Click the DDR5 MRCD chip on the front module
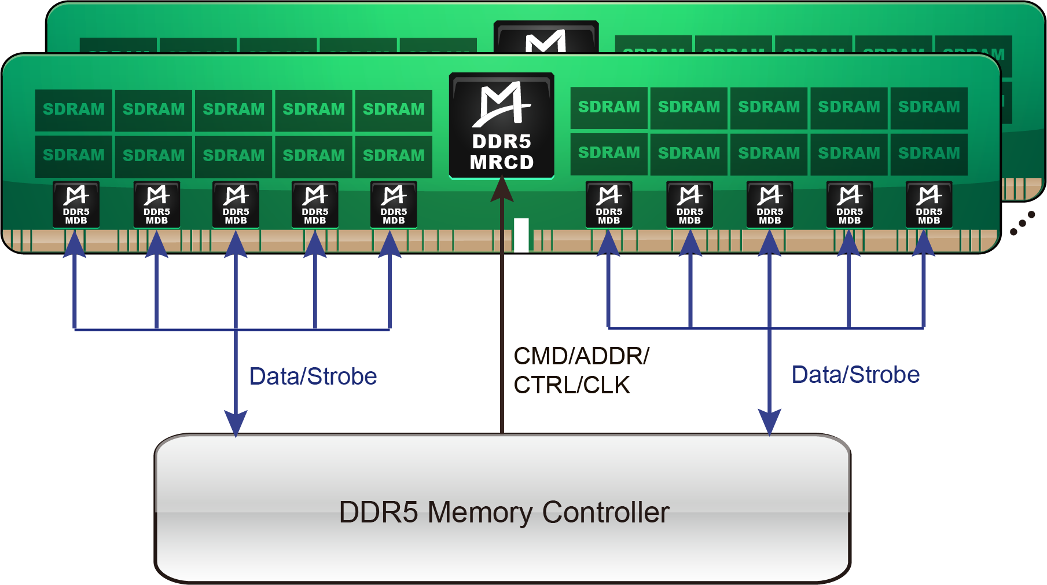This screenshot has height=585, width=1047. [x=502, y=126]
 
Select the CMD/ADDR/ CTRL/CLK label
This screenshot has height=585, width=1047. [x=581, y=371]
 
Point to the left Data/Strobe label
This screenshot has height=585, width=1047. [x=313, y=376]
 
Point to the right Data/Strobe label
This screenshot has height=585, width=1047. [x=855, y=375]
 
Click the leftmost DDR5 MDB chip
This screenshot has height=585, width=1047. [x=76, y=204]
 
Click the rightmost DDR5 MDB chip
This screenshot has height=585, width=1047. [x=929, y=204]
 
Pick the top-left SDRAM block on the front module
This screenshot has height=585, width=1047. [x=74, y=109]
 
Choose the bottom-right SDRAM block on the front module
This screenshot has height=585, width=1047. [x=929, y=153]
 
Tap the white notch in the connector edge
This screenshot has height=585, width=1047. [x=521, y=235]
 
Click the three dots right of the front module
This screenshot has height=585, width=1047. [x=1023, y=223]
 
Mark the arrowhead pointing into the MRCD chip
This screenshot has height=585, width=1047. [x=502, y=189]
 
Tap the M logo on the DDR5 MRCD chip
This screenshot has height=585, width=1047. [x=501, y=104]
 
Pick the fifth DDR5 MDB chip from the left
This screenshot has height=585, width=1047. [x=394, y=204]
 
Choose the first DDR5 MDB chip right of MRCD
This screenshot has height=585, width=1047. [x=609, y=204]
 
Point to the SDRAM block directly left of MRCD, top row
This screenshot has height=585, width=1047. [x=394, y=109]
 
